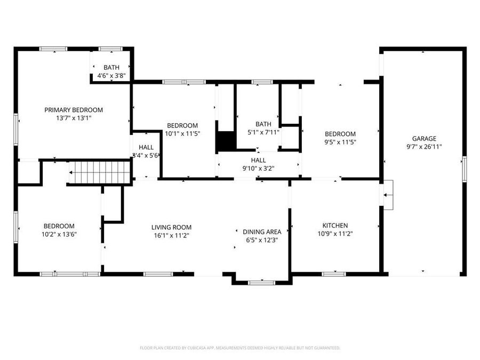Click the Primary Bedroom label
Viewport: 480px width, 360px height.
74,110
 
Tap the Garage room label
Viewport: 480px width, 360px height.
424,139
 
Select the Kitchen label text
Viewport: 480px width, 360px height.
335,226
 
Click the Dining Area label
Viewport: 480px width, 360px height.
262,231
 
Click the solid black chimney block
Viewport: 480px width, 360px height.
226,141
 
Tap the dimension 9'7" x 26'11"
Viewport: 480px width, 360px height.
424,146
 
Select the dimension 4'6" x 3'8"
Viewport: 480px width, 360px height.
111,76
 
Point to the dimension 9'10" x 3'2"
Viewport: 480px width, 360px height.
258,168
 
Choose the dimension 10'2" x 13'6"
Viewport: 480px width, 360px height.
59,234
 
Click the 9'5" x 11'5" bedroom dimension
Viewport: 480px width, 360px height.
340,142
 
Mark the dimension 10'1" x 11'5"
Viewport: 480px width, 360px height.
182,134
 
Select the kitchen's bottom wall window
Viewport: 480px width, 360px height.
334,274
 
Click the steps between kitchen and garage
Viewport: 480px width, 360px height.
388,195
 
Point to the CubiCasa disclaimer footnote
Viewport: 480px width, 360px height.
240,348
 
